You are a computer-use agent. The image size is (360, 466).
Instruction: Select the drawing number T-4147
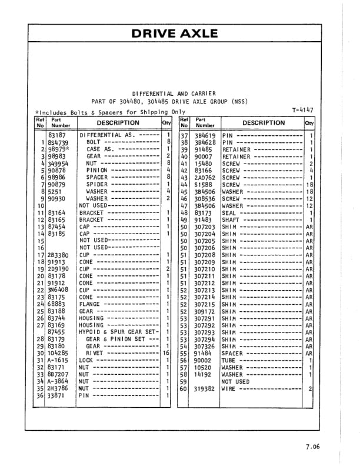coord(302,110)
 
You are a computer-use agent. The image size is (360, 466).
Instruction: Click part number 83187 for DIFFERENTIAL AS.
coord(56,135)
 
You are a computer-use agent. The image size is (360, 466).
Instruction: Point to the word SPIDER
coord(97,184)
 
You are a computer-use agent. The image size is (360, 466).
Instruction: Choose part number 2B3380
coord(58,255)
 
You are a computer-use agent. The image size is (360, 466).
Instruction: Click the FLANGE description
coord(89,304)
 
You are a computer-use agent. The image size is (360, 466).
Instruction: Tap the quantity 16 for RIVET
coord(166,353)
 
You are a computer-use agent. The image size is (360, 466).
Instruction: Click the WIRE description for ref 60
coord(229,388)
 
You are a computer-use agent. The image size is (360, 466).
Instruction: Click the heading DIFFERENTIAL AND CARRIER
coord(174,94)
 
